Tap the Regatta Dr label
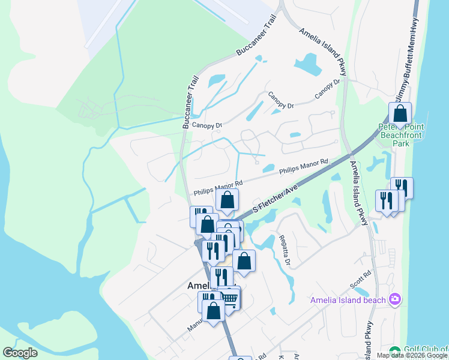(x=284, y=250)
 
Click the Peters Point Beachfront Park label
(x=400, y=135)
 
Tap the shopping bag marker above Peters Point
(x=400, y=113)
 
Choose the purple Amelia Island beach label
(x=348, y=300)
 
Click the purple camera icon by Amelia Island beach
(x=395, y=299)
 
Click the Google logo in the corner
(x=20, y=353)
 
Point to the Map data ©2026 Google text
(x=412, y=355)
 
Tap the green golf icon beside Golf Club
(x=394, y=351)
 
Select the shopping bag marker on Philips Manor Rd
(x=227, y=200)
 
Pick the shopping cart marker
(x=229, y=297)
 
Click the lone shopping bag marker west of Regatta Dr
(x=244, y=260)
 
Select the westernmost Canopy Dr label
(x=207, y=125)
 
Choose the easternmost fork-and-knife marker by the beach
(x=402, y=188)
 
